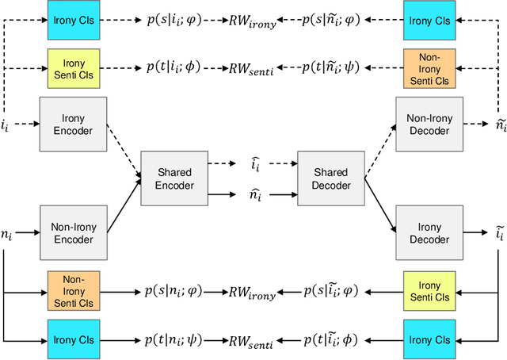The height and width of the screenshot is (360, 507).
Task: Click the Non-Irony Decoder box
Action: coord(428,124)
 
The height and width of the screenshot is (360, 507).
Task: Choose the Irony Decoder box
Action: coord(428,232)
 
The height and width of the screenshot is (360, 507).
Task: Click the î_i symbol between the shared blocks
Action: coord(253,167)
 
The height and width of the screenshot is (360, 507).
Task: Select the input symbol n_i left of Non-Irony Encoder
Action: coord(7,235)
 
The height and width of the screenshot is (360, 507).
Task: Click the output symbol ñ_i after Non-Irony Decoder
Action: coord(499,124)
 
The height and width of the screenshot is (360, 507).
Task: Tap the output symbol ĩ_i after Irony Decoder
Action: coord(499,232)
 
